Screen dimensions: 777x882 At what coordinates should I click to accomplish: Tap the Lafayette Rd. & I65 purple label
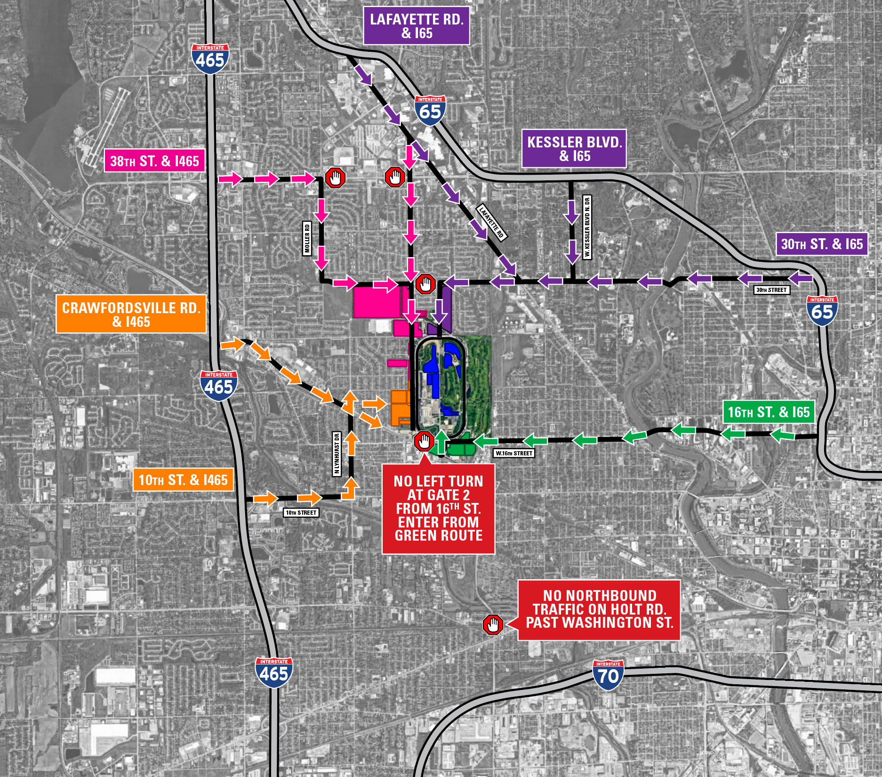point(417,26)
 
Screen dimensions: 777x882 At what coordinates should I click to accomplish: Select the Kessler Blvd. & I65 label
point(574,149)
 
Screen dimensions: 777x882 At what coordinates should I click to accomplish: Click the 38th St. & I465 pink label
point(154,161)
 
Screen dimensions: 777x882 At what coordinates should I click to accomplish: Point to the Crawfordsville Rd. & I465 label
point(131,314)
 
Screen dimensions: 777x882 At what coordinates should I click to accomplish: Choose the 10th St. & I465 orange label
point(183,480)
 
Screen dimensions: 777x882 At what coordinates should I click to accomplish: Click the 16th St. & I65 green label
point(769,412)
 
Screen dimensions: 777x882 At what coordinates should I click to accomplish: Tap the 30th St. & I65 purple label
point(822,244)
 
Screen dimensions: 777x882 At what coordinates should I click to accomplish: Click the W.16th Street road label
point(513,453)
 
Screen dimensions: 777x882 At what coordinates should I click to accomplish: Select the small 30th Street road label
point(771,290)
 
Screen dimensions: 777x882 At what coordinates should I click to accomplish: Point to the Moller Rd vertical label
point(307,238)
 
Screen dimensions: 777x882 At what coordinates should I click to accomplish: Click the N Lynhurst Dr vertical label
point(337,454)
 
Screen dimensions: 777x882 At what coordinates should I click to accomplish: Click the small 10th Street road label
point(301,512)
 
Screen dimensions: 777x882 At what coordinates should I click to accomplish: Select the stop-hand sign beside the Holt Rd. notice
point(493,625)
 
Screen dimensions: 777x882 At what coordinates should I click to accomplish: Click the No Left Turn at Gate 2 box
point(438,509)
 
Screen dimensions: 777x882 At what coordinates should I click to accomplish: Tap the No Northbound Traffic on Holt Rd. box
point(599,609)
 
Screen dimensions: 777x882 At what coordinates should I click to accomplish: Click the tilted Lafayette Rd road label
point(491,222)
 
